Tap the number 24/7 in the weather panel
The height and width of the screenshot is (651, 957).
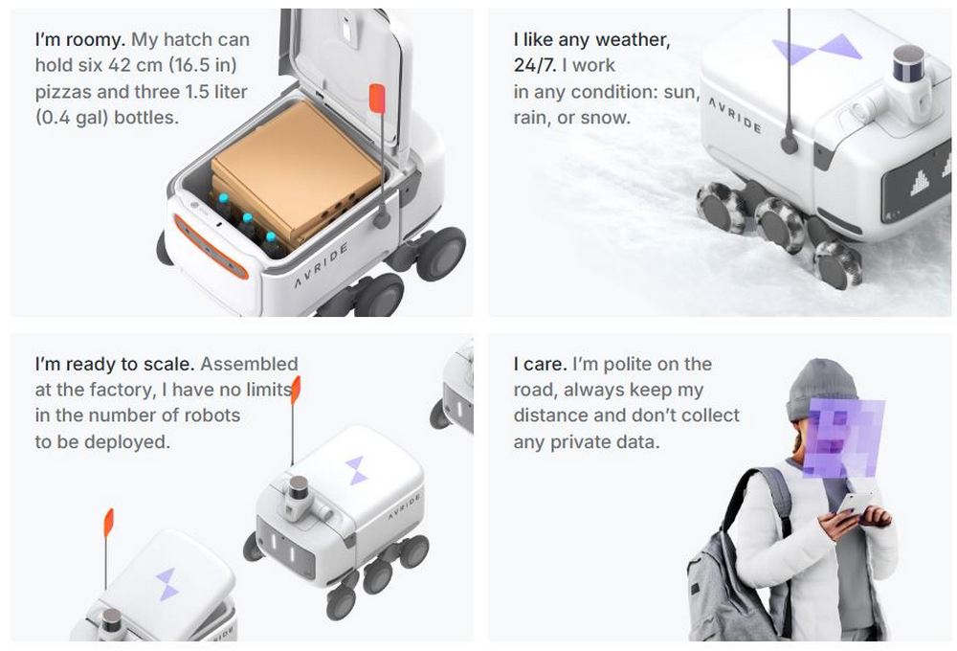click(x=535, y=65)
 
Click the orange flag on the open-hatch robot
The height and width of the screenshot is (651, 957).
click(x=377, y=99)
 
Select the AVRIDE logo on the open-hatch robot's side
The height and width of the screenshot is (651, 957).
click(x=322, y=265)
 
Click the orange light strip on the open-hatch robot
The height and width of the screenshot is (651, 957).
click(x=211, y=246)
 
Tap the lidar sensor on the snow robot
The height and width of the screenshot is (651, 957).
click(x=908, y=63)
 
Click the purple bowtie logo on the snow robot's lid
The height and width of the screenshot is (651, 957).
click(x=816, y=48)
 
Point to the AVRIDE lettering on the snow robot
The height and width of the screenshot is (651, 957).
click(x=734, y=115)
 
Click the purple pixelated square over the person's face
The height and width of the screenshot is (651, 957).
click(x=843, y=438)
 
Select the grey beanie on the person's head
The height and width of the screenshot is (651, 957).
click(x=820, y=388)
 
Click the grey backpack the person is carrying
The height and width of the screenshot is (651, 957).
click(x=726, y=574)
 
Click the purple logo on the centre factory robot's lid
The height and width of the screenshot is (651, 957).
click(x=356, y=470)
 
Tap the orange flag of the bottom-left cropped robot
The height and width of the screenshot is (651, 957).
click(x=109, y=523)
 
